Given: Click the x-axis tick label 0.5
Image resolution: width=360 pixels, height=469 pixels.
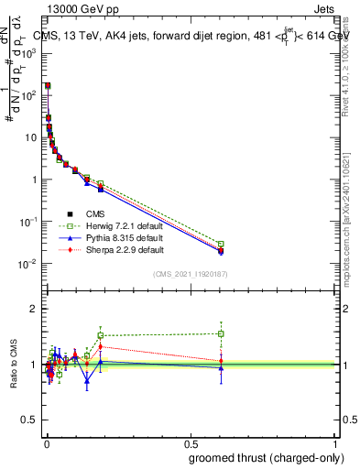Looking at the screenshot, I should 191,442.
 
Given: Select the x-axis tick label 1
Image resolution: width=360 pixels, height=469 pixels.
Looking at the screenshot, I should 336,442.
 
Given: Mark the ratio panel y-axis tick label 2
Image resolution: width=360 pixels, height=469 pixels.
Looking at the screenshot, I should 35,309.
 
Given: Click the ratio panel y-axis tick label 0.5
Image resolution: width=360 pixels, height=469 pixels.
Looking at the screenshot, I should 31,421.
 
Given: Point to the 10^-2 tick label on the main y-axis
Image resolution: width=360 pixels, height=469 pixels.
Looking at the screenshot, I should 29,264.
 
